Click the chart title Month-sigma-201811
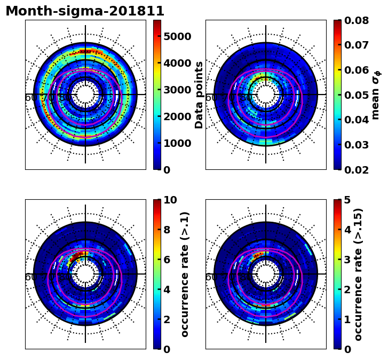pyautogui.click(x=85, y=11)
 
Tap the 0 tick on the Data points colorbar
pyautogui.click(x=167, y=170)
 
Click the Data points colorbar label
pyautogui.click(x=200, y=95)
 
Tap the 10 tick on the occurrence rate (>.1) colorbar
pyautogui.click(x=170, y=200)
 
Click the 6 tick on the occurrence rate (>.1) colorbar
pyautogui.click(x=167, y=260)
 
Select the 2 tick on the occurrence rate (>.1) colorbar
pyautogui.click(x=167, y=319)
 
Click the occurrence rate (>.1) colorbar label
pyautogui.click(x=185, y=274)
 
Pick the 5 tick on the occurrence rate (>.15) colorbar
pyautogui.click(x=347, y=200)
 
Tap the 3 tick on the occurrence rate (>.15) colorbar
pyautogui.click(x=347, y=260)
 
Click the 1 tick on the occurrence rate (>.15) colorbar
pyautogui.click(x=347, y=319)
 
